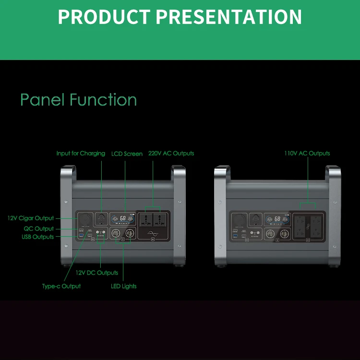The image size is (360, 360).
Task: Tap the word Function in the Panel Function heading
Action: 103,100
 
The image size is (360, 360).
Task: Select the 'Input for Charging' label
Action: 81,154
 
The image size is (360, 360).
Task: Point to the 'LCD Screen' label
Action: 127,154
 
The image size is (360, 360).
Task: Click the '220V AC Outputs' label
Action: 171,154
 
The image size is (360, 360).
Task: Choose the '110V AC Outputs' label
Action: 307,154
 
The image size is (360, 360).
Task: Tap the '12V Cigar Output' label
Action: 31,218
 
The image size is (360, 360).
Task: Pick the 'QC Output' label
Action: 38,229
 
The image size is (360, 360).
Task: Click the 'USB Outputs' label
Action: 37,237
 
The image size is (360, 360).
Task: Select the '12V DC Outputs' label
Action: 97,273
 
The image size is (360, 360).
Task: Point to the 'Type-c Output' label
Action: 61,286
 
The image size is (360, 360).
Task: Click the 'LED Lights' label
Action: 124,286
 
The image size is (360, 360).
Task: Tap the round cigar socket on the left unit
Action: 84,219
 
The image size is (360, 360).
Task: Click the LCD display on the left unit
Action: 123,219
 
